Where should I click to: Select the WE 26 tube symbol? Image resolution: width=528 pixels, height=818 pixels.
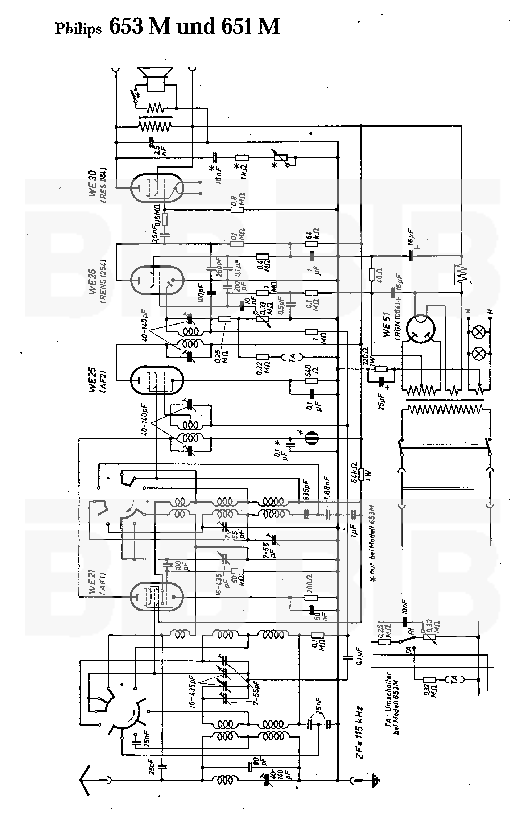pyautogui.click(x=157, y=280)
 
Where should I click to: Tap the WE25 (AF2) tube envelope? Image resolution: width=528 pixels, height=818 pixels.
pyautogui.click(x=157, y=380)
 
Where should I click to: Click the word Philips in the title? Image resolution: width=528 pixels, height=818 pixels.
pyautogui.click(x=78, y=29)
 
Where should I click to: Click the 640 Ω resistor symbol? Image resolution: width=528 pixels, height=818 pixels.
pyautogui.click(x=312, y=380)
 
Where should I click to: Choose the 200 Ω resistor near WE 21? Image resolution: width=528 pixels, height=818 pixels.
pyautogui.click(x=312, y=598)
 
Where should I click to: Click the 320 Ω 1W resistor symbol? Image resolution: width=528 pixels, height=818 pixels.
pyautogui.click(x=380, y=369)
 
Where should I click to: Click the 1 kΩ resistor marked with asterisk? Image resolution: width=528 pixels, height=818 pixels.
pyautogui.click(x=242, y=158)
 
